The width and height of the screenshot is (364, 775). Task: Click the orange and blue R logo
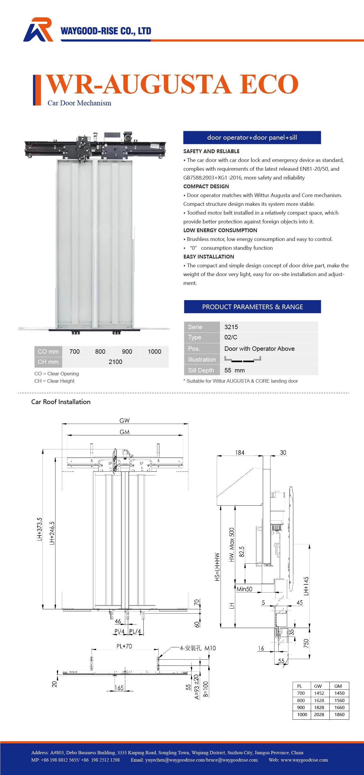pyautogui.click(x=38, y=30)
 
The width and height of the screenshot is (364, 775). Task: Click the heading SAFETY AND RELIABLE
pyautogui.click(x=211, y=151)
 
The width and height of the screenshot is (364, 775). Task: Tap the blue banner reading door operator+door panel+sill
pyautogui.click(x=252, y=138)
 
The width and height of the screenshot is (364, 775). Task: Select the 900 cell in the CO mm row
pyautogui.click(x=127, y=351)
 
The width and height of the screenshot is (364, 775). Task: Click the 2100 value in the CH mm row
pyautogui.click(x=115, y=362)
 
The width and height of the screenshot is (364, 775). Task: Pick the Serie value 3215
pyautogui.click(x=231, y=327)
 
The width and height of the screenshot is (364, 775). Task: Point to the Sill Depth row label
pyautogui.click(x=201, y=370)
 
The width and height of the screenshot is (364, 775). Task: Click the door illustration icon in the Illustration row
pyautogui.click(x=243, y=359)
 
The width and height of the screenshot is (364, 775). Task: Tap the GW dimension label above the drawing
pyautogui.click(x=124, y=420)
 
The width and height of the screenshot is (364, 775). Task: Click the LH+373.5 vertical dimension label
pyautogui.click(x=40, y=529)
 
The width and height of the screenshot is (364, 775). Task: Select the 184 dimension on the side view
pyautogui.click(x=240, y=452)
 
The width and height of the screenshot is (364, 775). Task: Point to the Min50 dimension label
pyautogui.click(x=244, y=589)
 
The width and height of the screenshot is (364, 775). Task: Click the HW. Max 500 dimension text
pyautogui.click(x=231, y=545)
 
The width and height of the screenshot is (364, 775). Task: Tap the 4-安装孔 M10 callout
pyautogui.click(x=198, y=648)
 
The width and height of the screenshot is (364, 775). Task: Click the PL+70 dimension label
pyautogui.click(x=124, y=646)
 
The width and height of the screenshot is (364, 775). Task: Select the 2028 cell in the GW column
pyautogui.click(x=319, y=714)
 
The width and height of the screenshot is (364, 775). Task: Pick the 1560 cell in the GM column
pyautogui.click(x=339, y=700)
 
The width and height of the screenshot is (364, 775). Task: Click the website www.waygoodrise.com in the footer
pyautogui.click(x=304, y=760)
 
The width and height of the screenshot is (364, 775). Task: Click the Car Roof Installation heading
pyautogui.click(x=61, y=402)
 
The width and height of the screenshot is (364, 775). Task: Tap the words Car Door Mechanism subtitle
pyautogui.click(x=79, y=103)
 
